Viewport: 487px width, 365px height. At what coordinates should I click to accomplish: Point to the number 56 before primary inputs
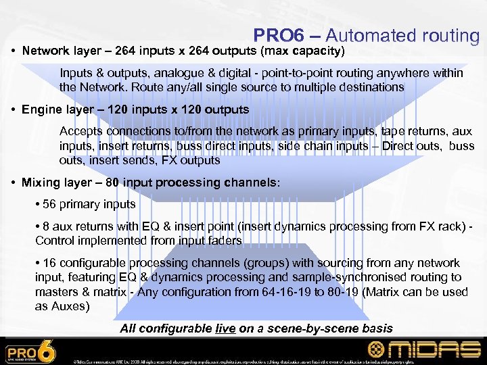(x=49, y=204)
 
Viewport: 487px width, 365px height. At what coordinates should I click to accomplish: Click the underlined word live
(x=226, y=328)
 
